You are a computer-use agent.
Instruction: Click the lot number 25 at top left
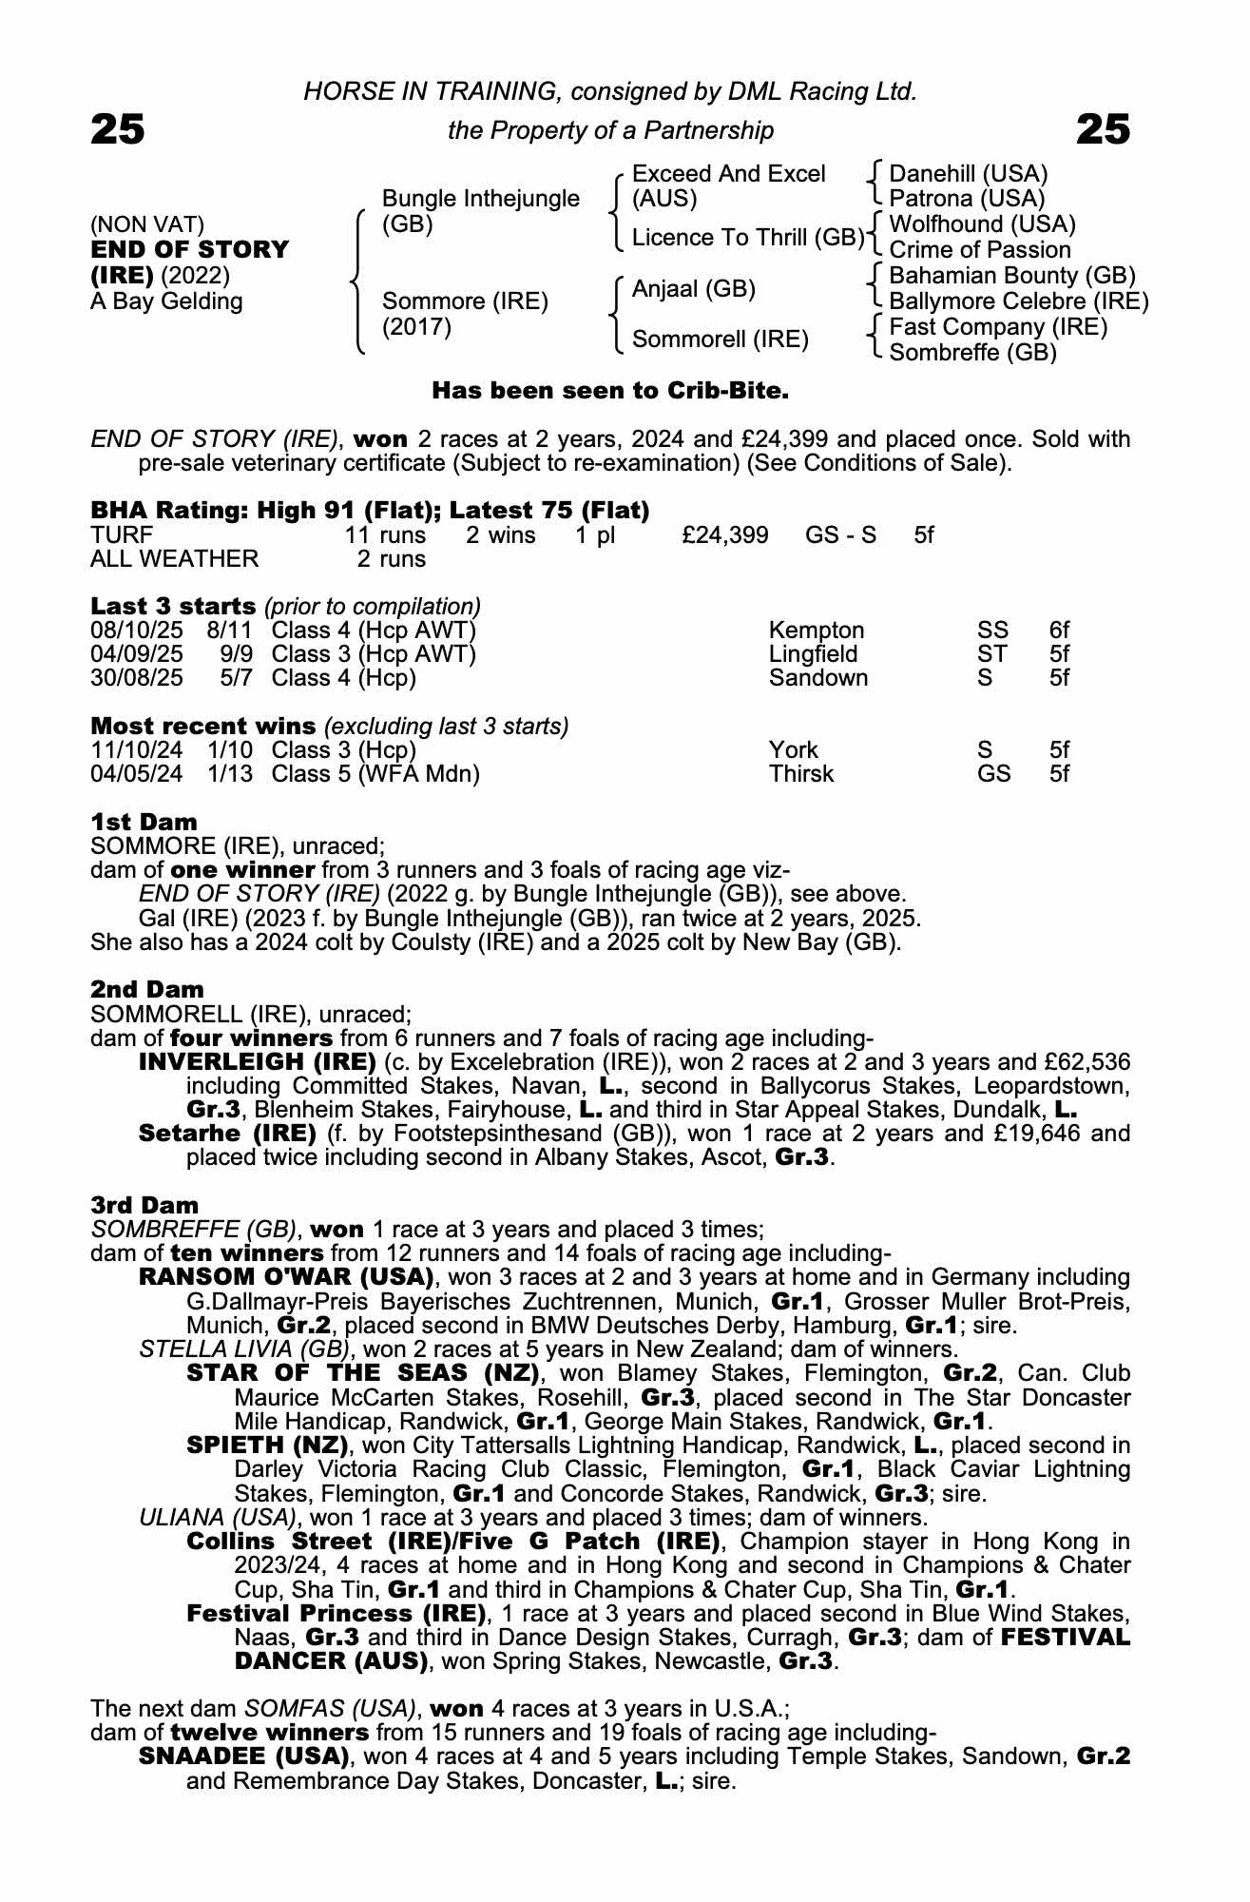(x=118, y=129)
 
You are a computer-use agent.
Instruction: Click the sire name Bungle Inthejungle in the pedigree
(x=480, y=199)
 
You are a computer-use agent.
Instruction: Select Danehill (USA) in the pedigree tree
(x=968, y=174)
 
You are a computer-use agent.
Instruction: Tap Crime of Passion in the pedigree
(x=979, y=250)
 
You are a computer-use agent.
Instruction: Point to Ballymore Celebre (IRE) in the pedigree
(x=1018, y=301)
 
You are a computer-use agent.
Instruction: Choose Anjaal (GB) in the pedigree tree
(x=693, y=289)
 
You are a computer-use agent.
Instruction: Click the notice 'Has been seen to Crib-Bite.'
(x=610, y=391)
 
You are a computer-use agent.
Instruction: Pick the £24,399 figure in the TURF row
(x=724, y=535)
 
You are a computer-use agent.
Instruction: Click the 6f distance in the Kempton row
(x=1059, y=631)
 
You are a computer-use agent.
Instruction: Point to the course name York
(x=793, y=750)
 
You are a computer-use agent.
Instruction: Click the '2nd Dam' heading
(x=146, y=990)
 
